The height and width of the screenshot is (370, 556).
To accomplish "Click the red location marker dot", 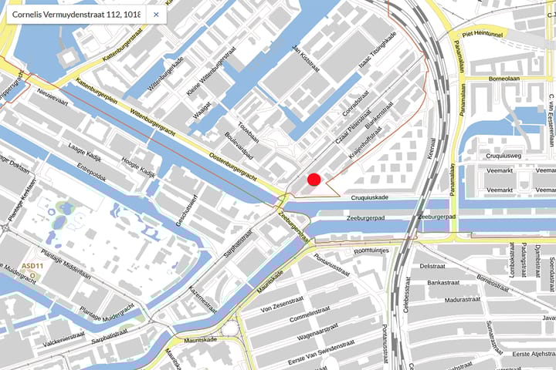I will [x=314, y=180].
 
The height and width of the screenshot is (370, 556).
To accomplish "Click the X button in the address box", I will [x=156, y=14].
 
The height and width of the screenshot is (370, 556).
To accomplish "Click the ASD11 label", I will [x=32, y=266].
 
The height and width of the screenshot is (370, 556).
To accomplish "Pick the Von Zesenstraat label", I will [x=285, y=306].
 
